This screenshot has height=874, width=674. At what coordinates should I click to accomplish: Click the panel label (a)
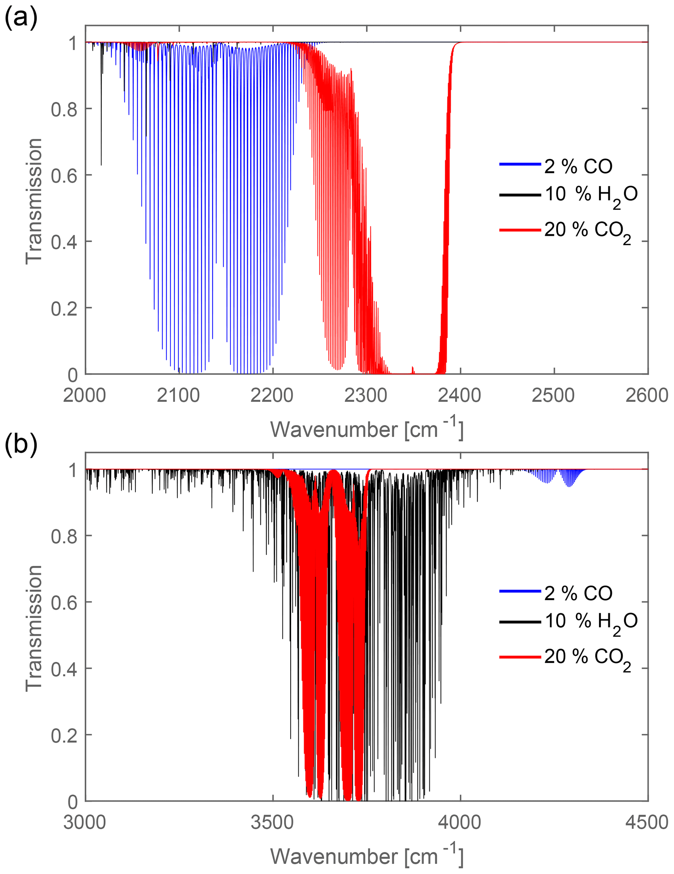click(21, 18)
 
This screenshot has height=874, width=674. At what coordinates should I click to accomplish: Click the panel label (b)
click(21, 445)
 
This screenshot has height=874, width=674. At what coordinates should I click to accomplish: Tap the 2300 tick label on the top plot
click(366, 395)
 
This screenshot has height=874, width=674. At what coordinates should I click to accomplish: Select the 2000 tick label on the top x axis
click(84, 395)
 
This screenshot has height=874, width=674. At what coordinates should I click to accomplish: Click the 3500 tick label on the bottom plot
click(272, 823)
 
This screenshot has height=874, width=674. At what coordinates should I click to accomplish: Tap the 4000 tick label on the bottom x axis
click(459, 823)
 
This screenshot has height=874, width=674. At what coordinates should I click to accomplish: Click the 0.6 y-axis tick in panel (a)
click(64, 175)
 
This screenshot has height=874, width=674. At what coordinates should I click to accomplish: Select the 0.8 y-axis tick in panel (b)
click(64, 536)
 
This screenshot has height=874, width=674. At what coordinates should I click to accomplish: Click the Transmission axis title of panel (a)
click(34, 201)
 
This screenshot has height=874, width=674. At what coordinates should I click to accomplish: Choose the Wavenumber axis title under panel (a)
click(367, 429)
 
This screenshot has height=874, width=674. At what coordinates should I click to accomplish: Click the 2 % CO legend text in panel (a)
click(578, 166)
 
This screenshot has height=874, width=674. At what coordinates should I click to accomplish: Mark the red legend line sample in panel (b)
click(520, 657)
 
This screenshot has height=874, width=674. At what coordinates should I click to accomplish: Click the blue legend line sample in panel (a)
click(520, 164)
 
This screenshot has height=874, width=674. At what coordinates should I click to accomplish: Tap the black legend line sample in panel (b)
click(520, 622)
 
